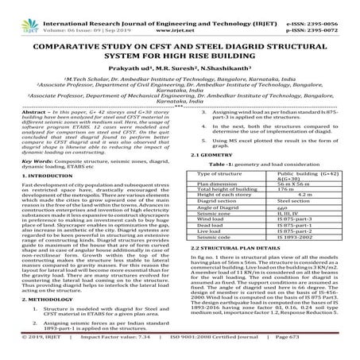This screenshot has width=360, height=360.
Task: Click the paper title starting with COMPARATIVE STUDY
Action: click(180, 53)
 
